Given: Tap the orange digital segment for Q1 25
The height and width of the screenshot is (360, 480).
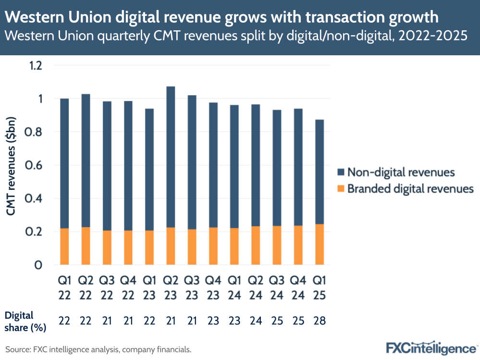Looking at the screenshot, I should [319, 245].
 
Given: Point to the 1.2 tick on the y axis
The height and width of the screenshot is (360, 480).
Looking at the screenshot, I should [36, 65].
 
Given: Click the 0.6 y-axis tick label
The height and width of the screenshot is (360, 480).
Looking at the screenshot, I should [36, 165].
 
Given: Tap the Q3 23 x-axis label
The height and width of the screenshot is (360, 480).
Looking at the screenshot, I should [192, 287].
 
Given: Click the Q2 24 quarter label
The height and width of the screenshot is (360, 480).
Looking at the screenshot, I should [256, 287].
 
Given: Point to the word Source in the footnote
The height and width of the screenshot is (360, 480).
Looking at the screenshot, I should [16, 349].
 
